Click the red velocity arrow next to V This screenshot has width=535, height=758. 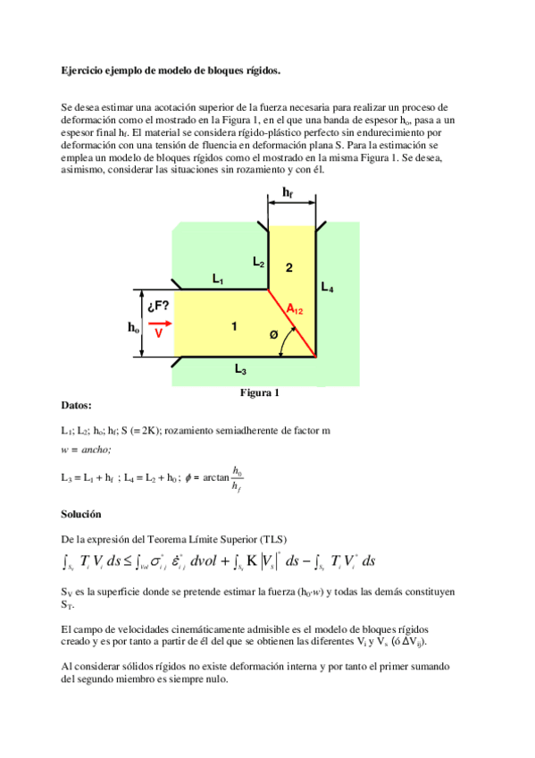[x=160, y=323]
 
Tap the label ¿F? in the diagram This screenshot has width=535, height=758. [x=158, y=306]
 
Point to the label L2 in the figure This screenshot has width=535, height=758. [x=258, y=262]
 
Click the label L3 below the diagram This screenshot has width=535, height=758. [x=241, y=368]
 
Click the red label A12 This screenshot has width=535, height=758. [x=295, y=309]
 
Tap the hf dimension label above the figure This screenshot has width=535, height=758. [x=288, y=192]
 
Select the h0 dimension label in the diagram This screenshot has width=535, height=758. [x=133, y=328]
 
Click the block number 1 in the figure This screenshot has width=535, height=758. [x=234, y=326]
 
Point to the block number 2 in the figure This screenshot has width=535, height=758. [x=288, y=267]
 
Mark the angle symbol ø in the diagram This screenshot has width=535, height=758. [x=273, y=334]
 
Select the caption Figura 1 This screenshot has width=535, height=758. [x=260, y=392]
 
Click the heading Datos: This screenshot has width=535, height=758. [x=76, y=405]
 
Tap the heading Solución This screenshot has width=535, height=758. [x=81, y=514]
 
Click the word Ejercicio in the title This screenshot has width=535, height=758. [x=81, y=70]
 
